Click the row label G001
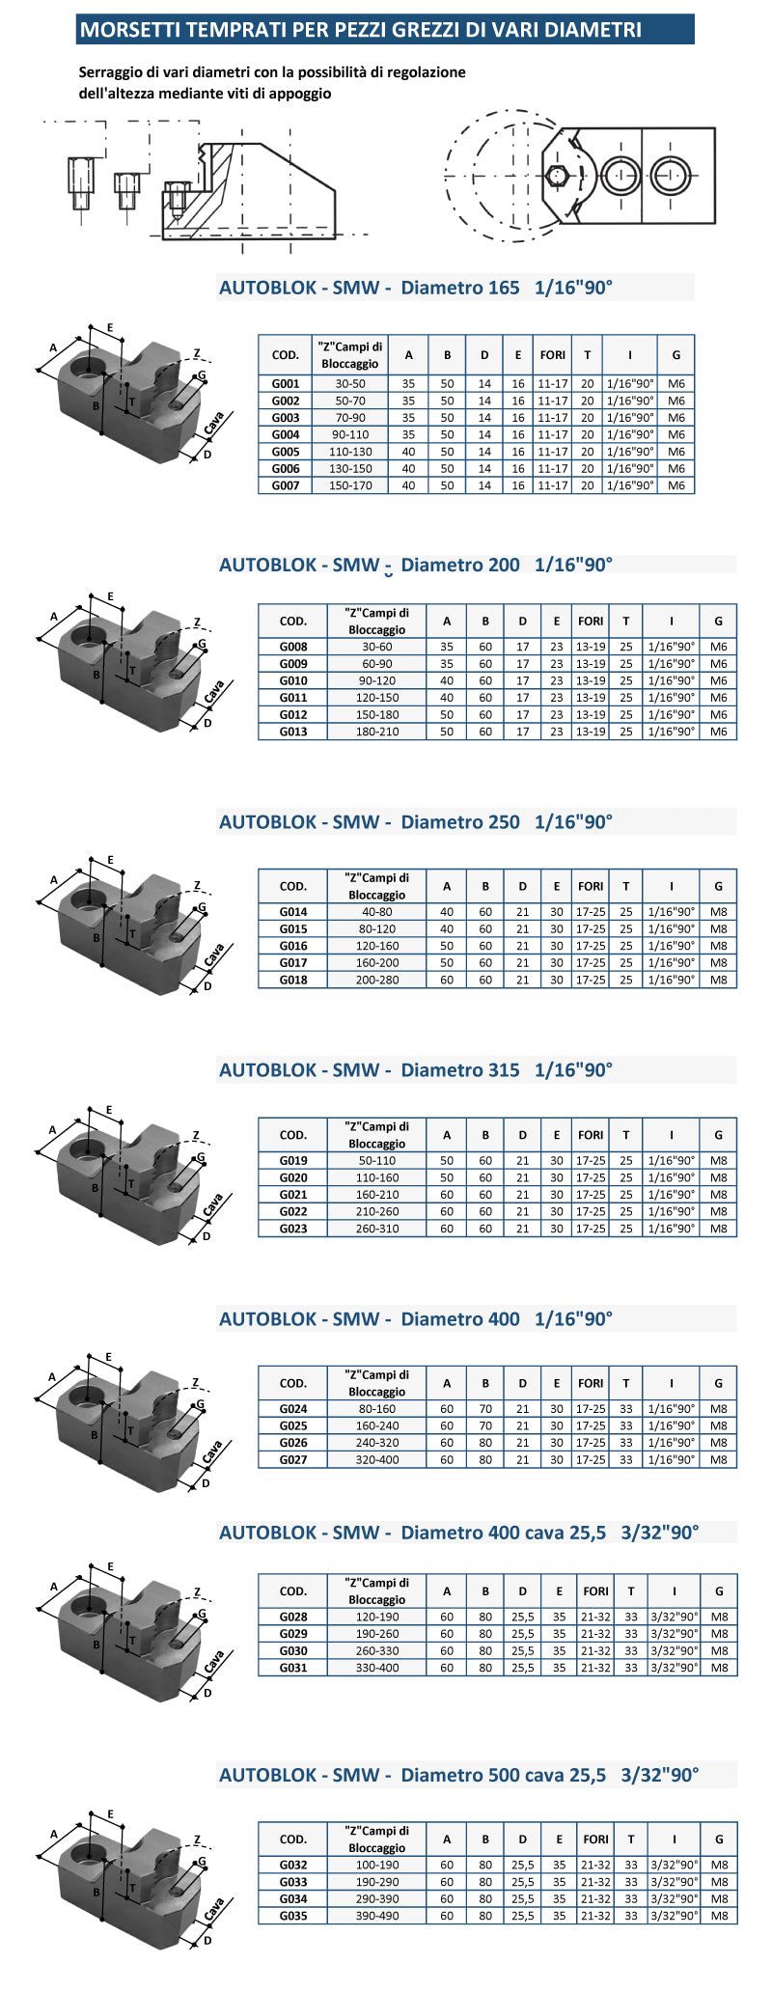tap(286, 383)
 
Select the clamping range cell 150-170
tap(349, 485)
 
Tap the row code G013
tap(293, 732)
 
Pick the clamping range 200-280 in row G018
tap(377, 980)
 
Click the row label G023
tap(293, 1229)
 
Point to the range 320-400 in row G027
tap(377, 1459)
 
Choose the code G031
tap(293, 1668)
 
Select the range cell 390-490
tap(377, 1916)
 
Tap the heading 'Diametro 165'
tap(460, 288)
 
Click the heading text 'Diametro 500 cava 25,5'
tap(504, 1775)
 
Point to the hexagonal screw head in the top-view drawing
tap(557, 176)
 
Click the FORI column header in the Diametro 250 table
tap(591, 886)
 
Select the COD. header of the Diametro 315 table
tap(293, 1135)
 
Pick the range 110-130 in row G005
tap(349, 452)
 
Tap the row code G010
tap(293, 680)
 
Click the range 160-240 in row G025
tap(377, 1425)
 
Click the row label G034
tap(293, 1898)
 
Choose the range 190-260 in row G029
tap(377, 1634)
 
